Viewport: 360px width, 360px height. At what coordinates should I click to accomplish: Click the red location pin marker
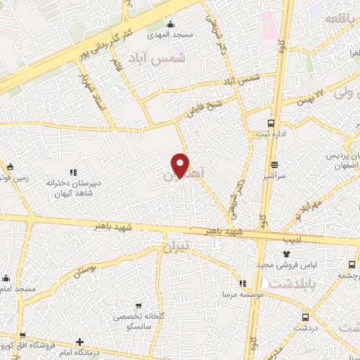click(181, 165)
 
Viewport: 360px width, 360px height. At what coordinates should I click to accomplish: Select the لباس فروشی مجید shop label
click(307, 265)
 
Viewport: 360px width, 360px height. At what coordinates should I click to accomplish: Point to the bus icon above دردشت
click(306, 317)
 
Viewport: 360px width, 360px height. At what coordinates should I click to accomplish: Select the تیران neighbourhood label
click(176, 248)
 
